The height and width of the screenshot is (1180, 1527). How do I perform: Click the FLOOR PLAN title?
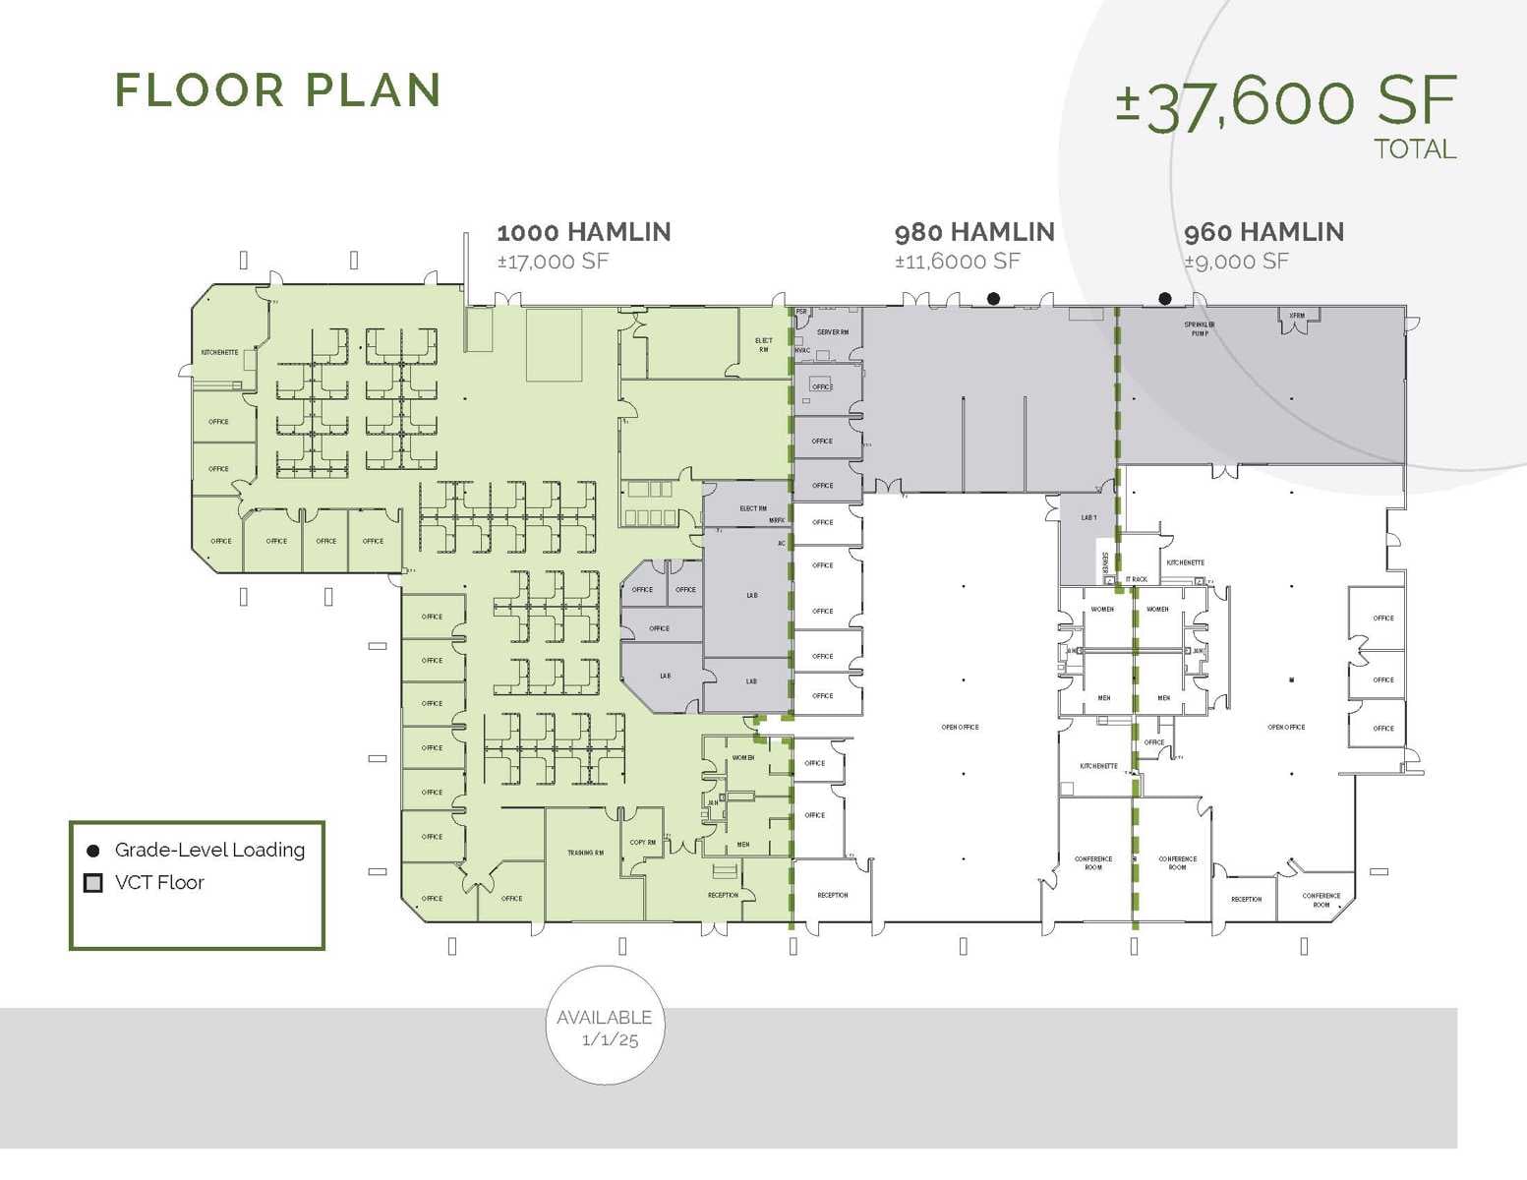pos(278,90)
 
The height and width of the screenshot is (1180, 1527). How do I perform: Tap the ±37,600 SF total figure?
pos(1285,102)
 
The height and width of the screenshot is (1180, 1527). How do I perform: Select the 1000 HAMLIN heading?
pos(584,232)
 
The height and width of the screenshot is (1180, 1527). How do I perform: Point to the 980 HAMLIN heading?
pos(974,232)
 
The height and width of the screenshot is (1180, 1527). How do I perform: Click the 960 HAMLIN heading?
pos(1263,232)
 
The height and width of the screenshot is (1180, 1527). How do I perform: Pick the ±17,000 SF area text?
pos(553,262)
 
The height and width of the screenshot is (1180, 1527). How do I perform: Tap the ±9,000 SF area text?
pos(1236,262)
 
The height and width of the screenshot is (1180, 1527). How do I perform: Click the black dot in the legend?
pos(93,851)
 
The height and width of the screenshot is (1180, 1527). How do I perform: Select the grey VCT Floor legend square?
pos(93,883)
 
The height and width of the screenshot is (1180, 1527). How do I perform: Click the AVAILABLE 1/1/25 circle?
pos(605,1027)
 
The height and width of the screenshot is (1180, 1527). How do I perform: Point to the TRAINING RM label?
pos(585,853)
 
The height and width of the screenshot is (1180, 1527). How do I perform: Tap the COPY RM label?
pos(643,843)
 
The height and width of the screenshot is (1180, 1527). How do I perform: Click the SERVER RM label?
pos(832,332)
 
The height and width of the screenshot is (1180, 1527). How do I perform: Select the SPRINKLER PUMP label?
pos(1200,328)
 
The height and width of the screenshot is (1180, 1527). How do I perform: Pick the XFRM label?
pos(1297,316)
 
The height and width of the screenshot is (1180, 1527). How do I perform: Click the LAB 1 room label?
pos(1088,517)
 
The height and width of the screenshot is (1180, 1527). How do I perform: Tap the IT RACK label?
pos(1137,579)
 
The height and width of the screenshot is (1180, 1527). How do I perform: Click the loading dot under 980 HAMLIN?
pos(993,299)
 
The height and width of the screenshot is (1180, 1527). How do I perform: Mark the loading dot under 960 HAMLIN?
pos(1165,299)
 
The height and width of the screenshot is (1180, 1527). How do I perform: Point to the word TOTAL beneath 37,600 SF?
pos(1414,149)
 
